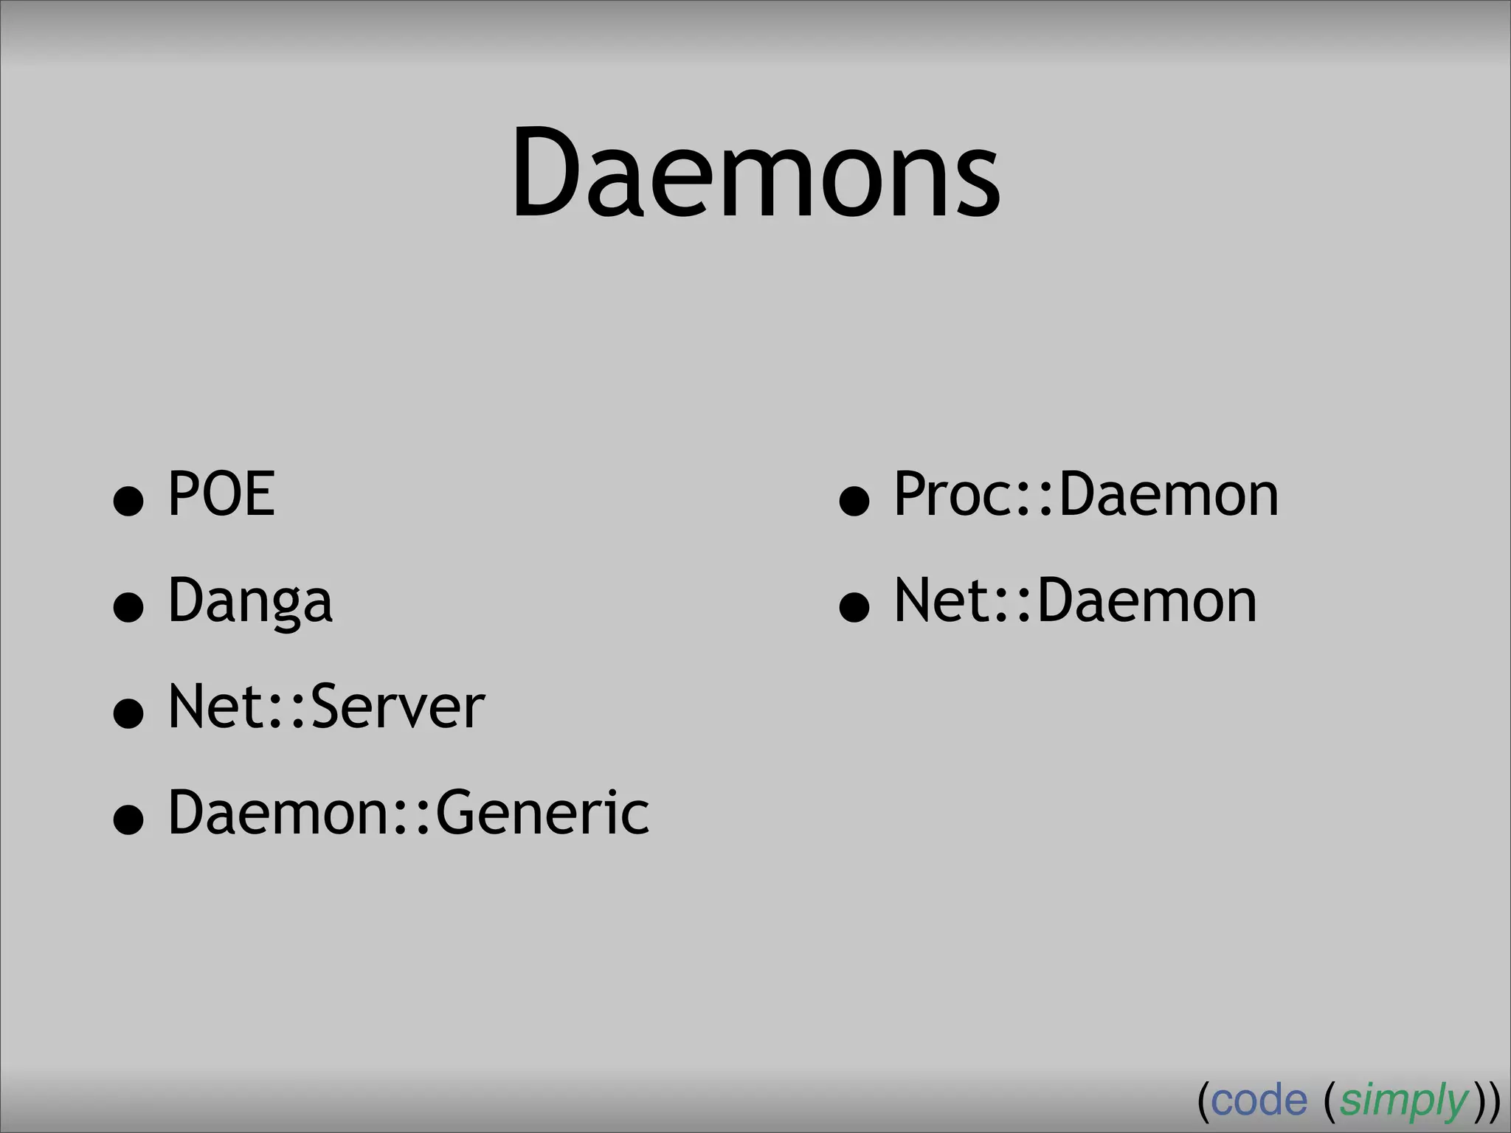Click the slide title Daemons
[755, 174]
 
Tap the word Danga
[250, 600]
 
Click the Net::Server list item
[326, 707]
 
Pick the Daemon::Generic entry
[409, 812]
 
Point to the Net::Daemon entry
[1075, 600]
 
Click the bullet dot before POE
[128, 502]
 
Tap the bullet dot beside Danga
[128, 608]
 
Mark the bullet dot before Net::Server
[128, 714]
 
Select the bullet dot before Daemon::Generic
[128, 820]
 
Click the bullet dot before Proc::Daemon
[854, 502]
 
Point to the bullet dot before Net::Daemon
[854, 608]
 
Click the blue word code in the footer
[1259, 1101]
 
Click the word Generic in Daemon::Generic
[542, 812]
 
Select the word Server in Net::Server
[398, 707]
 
